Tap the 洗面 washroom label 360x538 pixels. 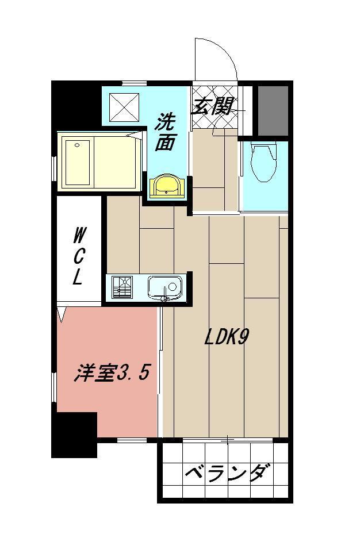[x=166, y=132]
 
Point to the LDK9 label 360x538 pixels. [x=226, y=338]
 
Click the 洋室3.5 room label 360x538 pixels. [x=112, y=374]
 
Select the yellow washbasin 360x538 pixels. [x=166, y=186]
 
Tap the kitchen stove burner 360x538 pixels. [x=122, y=286]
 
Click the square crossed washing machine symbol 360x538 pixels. [x=124, y=106]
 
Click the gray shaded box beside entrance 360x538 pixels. [x=272, y=111]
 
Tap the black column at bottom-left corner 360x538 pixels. [x=74, y=435]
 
